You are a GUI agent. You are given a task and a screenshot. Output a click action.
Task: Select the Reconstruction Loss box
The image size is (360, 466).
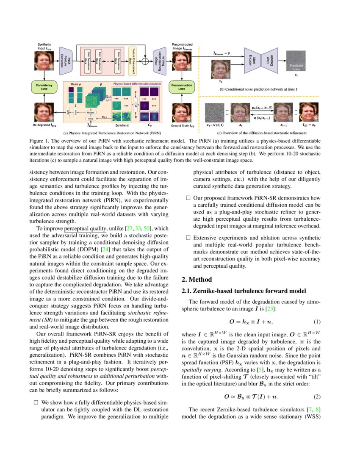click(182, 87)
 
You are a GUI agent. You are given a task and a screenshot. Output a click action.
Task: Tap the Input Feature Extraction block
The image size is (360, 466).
click(65, 59)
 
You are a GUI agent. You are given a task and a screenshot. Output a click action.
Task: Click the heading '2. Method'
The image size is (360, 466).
click(197, 280)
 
